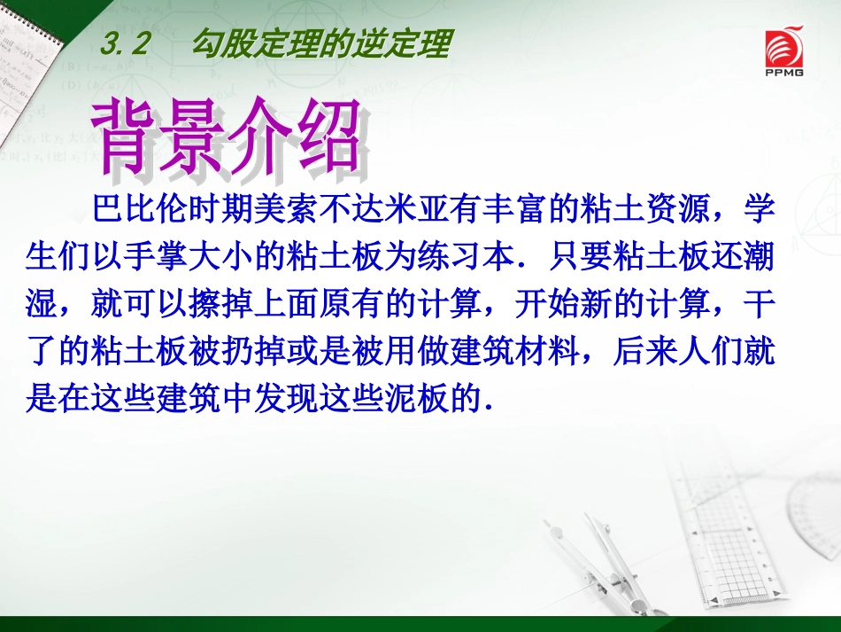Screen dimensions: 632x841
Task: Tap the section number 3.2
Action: tap(127, 45)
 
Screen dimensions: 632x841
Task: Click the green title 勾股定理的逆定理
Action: tap(321, 44)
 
